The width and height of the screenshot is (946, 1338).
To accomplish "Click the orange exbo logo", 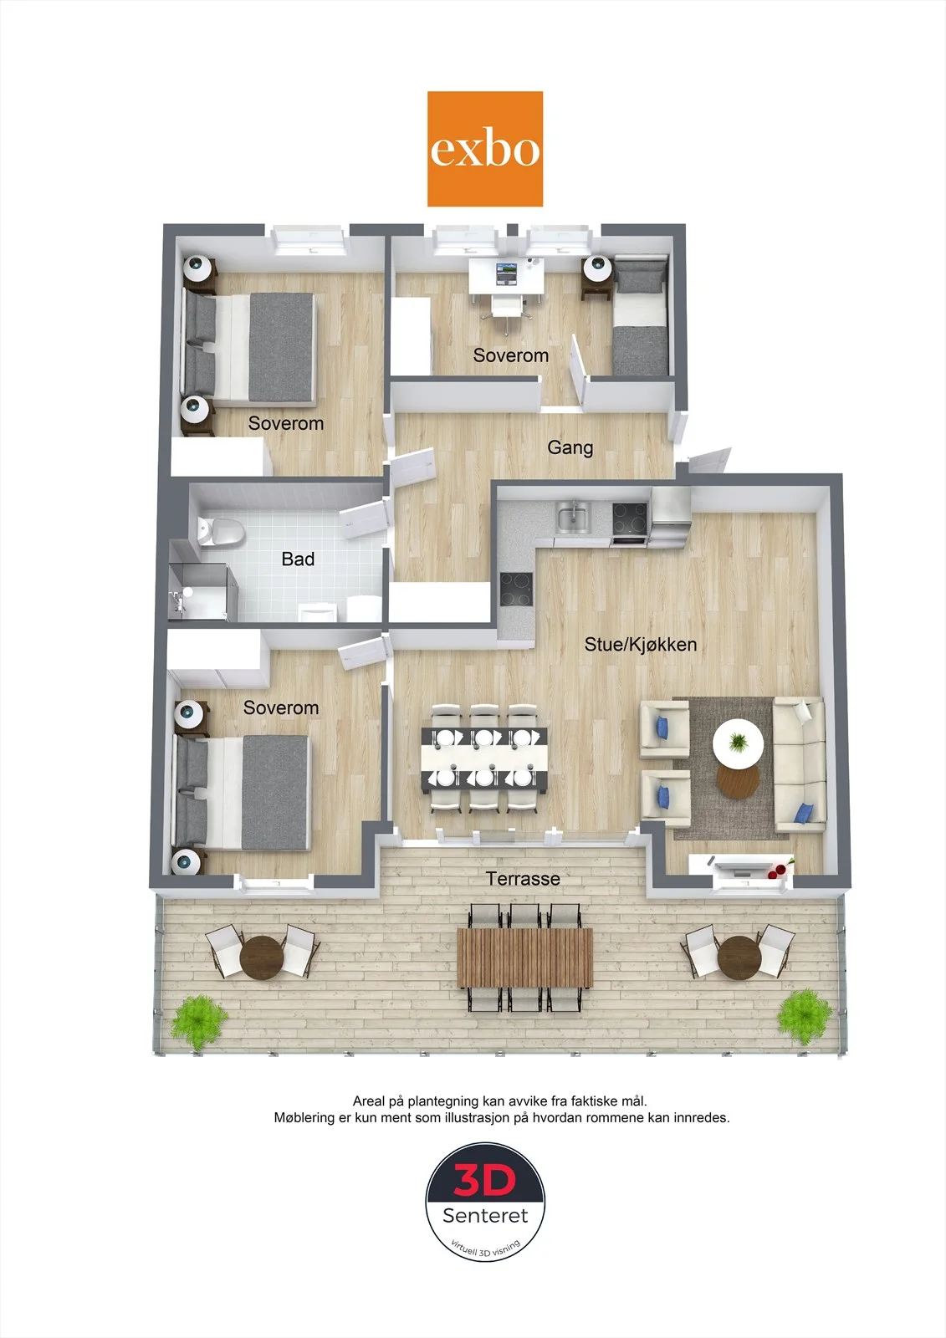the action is pos(484,149).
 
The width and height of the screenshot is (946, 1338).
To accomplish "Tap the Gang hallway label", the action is pos(570,447).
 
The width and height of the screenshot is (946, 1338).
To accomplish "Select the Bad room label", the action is pos(298,559).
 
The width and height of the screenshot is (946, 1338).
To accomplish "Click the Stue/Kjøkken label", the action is pos(640,644).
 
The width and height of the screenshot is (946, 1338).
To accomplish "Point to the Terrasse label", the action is pos(523,879).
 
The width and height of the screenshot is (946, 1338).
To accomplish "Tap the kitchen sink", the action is pos(572,518).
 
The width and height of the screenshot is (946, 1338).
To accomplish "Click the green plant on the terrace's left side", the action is pos(198,1019).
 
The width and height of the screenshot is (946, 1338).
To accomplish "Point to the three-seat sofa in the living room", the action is pos(800,764).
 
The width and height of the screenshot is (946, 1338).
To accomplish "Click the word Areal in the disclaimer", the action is pos(369,1101).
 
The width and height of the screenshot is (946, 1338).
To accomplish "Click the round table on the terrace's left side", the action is pos(262,957).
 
